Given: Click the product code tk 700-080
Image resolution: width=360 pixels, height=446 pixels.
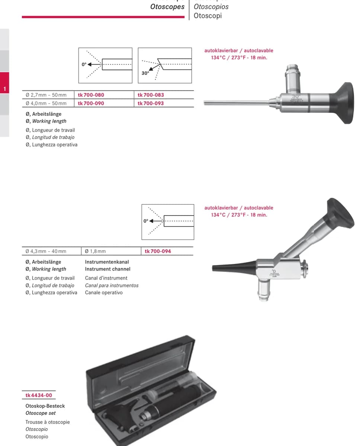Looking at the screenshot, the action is [x=91, y=95].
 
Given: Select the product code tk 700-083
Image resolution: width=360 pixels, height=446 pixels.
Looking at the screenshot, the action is [x=151, y=95].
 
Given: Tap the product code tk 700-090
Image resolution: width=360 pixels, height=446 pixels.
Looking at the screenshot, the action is [x=91, y=103].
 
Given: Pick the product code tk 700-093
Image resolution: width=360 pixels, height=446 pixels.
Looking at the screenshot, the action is [x=151, y=103].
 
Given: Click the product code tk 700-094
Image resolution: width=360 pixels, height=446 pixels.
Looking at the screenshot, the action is [x=158, y=251].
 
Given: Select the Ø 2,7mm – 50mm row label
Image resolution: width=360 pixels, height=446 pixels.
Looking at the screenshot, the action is [x=46, y=95].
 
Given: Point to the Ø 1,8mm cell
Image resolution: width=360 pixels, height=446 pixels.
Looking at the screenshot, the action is [x=95, y=251].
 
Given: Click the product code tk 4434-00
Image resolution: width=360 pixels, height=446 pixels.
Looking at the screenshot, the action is [x=39, y=395].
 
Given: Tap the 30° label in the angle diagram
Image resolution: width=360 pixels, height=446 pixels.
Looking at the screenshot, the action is [x=145, y=73].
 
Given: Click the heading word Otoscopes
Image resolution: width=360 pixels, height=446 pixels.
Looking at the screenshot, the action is [x=167, y=7].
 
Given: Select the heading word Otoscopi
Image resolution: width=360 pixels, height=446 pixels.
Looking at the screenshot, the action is [x=208, y=16].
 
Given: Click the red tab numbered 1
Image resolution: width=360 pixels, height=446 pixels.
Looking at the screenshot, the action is [x=4, y=83].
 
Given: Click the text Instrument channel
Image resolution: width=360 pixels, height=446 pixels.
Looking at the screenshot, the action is [x=107, y=269].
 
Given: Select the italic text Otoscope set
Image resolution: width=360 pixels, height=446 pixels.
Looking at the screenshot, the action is [x=41, y=413].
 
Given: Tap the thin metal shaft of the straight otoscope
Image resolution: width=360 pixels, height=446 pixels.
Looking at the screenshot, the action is [x=237, y=103].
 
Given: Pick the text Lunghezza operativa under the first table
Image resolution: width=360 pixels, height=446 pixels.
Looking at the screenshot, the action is [x=55, y=145].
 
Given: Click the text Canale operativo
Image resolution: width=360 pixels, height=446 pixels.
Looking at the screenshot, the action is [x=104, y=293].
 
